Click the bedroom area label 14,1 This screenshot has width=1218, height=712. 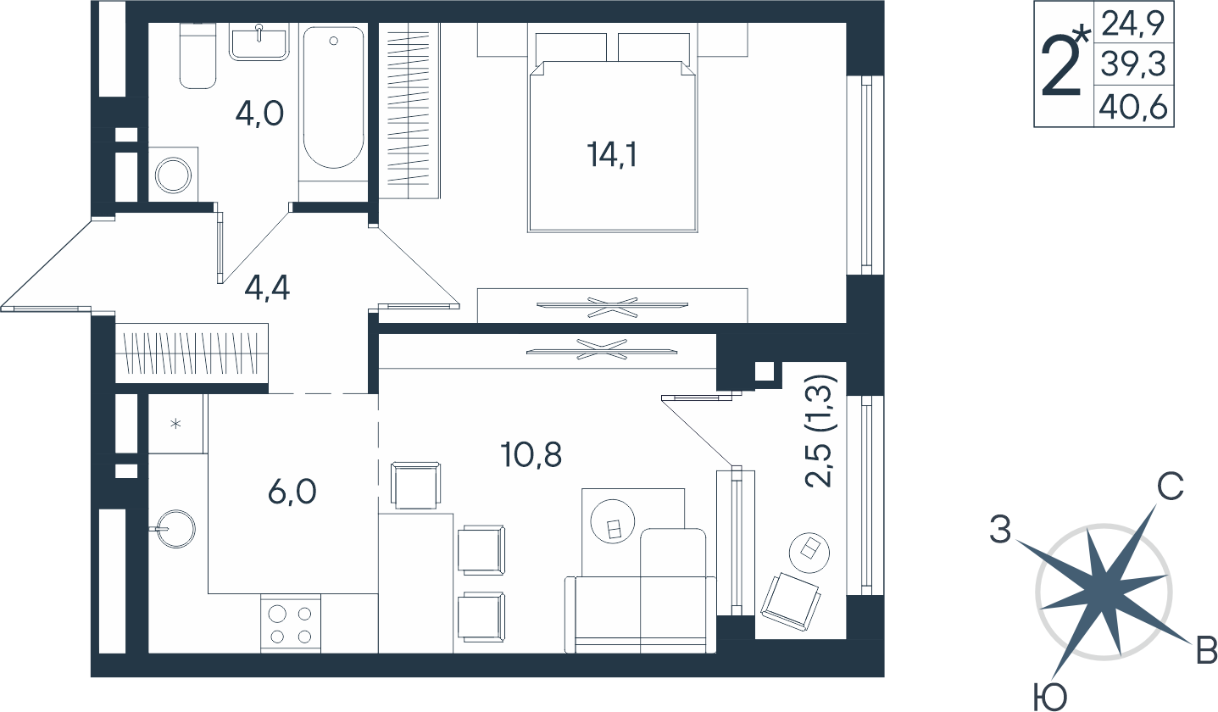click(x=612, y=154)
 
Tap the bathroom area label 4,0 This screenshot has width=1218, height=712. click(x=259, y=114)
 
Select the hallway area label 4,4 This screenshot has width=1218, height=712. click(x=267, y=287)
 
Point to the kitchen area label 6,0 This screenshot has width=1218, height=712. click(x=292, y=492)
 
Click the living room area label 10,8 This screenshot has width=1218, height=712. click(x=531, y=454)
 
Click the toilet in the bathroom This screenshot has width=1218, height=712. click(x=198, y=55)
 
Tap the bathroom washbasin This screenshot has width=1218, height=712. click(x=259, y=42)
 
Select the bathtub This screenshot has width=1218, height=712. click(x=333, y=98)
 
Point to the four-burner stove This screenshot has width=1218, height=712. click(x=291, y=624)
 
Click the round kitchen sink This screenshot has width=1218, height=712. click(x=175, y=528)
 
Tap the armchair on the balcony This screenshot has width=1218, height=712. click(x=790, y=602)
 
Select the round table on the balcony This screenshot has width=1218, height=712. click(x=809, y=552)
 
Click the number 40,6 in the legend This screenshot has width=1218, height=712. click(x=1133, y=108)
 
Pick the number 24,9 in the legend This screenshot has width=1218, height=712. click(x=1133, y=25)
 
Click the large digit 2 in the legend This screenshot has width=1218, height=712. click(x=1060, y=68)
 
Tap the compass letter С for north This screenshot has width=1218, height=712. click(x=1170, y=487)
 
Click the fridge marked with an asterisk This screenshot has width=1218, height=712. click(x=175, y=423)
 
